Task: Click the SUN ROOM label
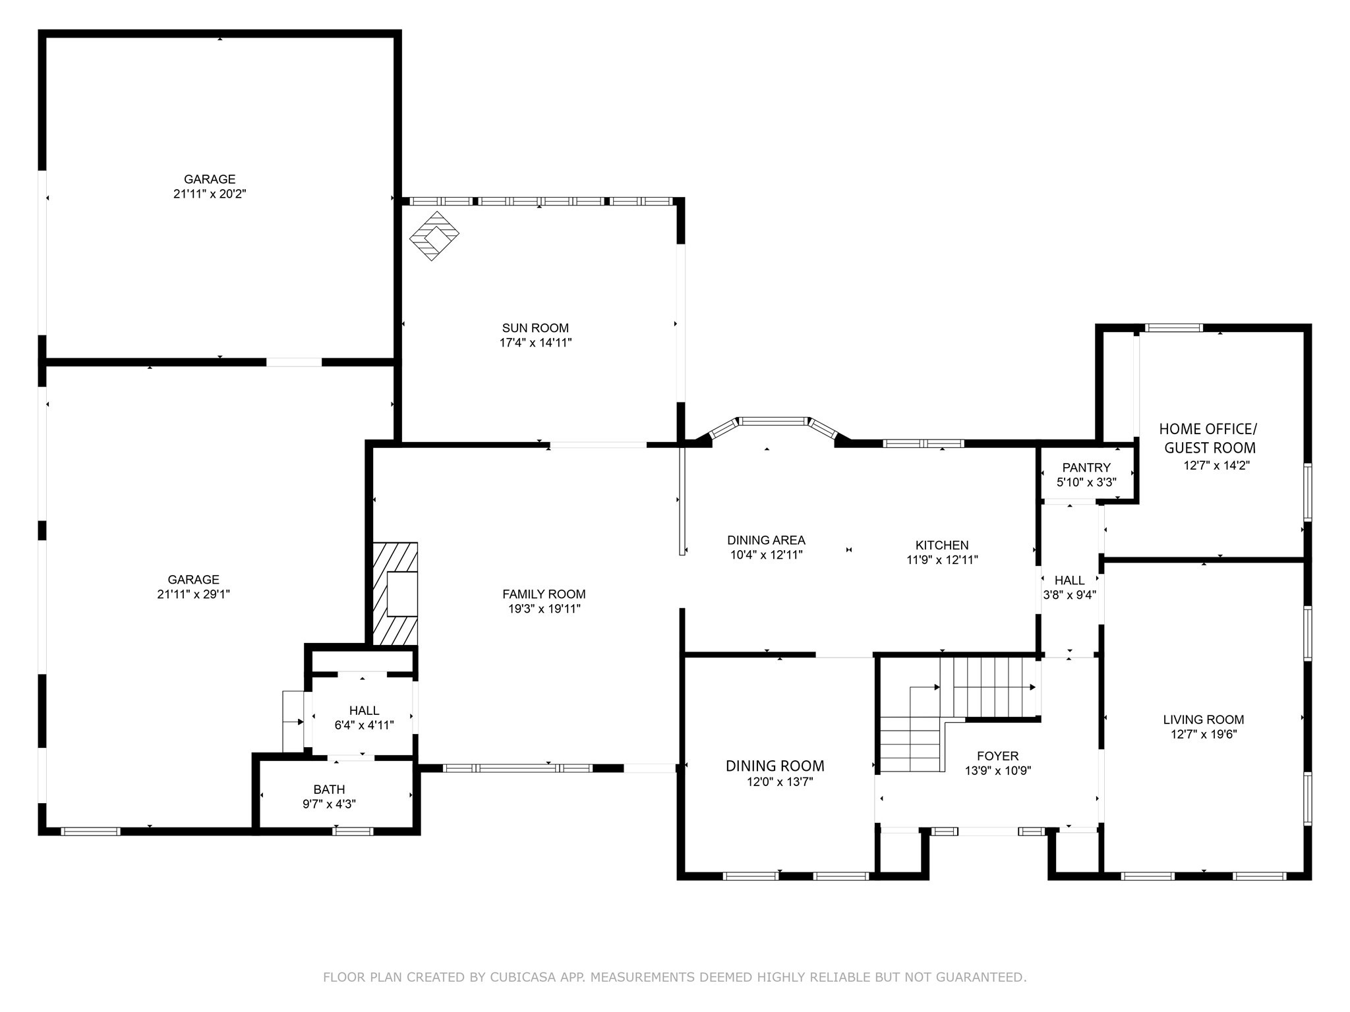click(x=535, y=328)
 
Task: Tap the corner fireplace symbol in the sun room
click(x=434, y=235)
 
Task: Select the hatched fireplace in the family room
click(x=396, y=594)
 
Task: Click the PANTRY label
click(x=1086, y=468)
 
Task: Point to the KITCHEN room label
click(x=942, y=546)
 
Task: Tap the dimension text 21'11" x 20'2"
click(x=210, y=194)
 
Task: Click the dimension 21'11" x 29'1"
click(x=193, y=594)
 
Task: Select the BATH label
click(x=329, y=789)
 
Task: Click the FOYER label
click(x=997, y=756)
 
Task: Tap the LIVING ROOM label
click(x=1204, y=720)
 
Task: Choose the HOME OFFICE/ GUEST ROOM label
click(x=1209, y=439)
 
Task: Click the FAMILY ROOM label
click(x=544, y=594)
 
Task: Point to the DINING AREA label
click(x=766, y=541)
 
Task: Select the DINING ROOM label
click(x=775, y=766)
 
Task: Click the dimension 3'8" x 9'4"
click(x=1069, y=596)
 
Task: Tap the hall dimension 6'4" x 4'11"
click(x=364, y=725)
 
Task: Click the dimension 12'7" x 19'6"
click(x=1204, y=735)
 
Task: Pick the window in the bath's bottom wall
click(x=353, y=831)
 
